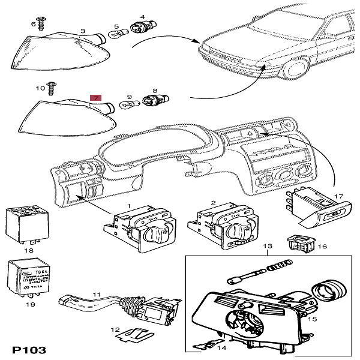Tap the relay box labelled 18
click(x=23, y=221)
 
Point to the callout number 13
click(x=268, y=247)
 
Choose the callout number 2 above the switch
click(x=213, y=203)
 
